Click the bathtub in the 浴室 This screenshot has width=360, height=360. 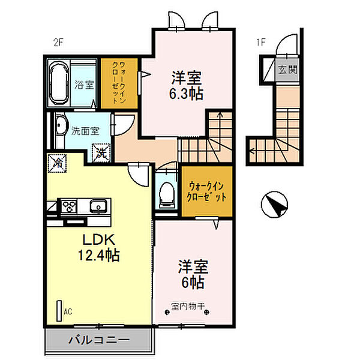(x=59, y=83)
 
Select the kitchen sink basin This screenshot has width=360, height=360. (x=98, y=205)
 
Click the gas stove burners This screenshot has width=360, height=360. (x=69, y=206)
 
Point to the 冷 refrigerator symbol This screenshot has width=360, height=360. (x=57, y=163)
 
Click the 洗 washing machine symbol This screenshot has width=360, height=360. (x=101, y=153)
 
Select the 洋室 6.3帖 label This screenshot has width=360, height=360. (x=186, y=85)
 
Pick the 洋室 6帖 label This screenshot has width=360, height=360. (x=193, y=274)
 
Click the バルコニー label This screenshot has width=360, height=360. (x=99, y=340)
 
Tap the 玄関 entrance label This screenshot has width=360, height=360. (x=287, y=70)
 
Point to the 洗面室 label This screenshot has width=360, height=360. (x=85, y=131)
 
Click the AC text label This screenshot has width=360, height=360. (x=68, y=311)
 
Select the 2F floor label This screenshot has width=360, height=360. (x=58, y=43)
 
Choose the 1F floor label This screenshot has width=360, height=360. (x=261, y=43)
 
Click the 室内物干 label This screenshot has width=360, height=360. (x=188, y=306)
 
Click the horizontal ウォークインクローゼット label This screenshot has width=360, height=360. (x=206, y=191)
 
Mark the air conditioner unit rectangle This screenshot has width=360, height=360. (x=59, y=311)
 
